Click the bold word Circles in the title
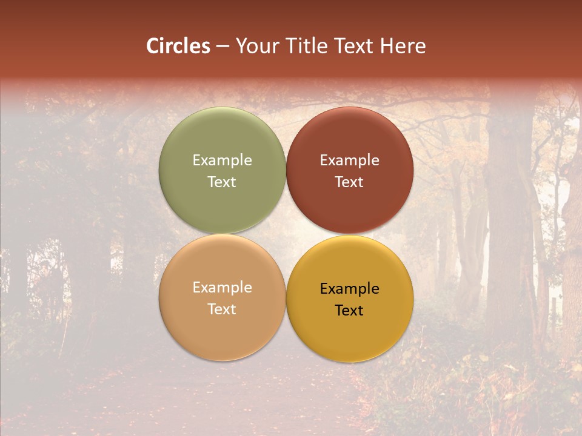[x=178, y=46]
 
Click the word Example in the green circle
[x=222, y=160]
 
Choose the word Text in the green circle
[x=222, y=182]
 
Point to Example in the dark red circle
[x=349, y=160]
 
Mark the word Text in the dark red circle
[x=349, y=182]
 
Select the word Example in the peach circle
[x=222, y=288]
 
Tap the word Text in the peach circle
[x=222, y=309]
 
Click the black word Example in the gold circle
[x=349, y=289]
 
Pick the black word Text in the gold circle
[x=349, y=311]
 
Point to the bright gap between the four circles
[x=286, y=234]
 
